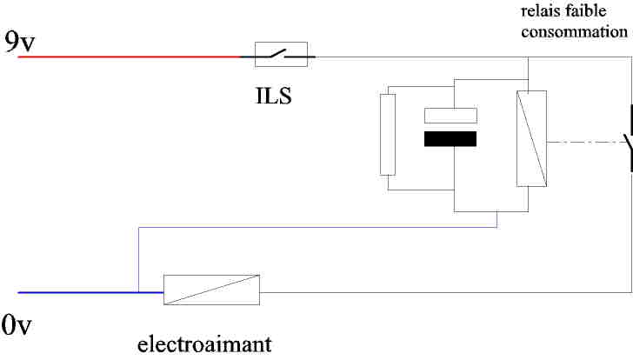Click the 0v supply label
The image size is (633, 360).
pos(17,326)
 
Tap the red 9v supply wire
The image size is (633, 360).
pos(130,58)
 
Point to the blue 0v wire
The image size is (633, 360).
pos(78,293)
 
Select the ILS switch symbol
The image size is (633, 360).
pos(280,57)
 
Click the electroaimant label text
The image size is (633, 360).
pos(204,343)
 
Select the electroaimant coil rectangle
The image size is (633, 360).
pos(212,290)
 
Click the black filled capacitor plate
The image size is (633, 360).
pos(450,139)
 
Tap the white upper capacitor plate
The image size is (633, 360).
pos(450,115)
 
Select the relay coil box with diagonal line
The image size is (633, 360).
pos(530,138)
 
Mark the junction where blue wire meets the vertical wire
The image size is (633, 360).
pos(138,293)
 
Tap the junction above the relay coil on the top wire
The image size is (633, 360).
pos(530,58)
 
